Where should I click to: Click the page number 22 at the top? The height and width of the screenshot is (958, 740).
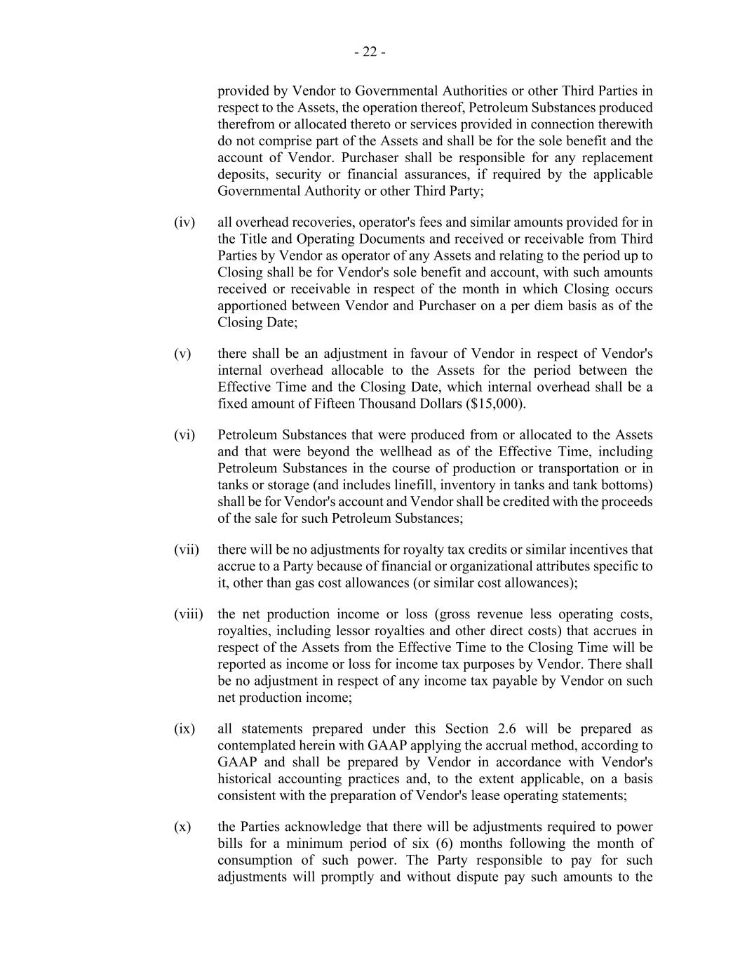370,52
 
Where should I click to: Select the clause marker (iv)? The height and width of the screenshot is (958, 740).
184,222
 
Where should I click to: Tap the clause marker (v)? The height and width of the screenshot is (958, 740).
182,354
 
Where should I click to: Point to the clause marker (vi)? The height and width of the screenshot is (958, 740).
184,435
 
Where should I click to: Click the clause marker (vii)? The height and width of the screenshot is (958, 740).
187,550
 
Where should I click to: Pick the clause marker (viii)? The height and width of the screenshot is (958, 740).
189,614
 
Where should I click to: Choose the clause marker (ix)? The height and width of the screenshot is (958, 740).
184,729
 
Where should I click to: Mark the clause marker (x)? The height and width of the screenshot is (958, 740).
182,827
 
